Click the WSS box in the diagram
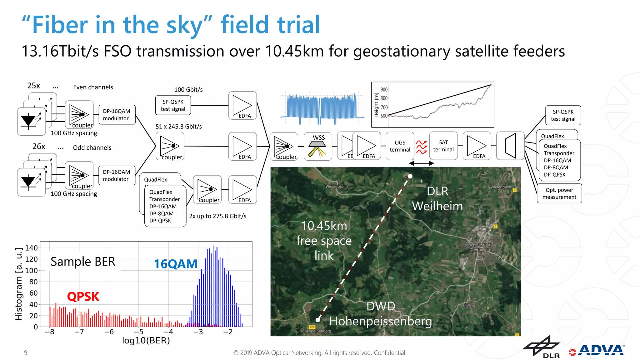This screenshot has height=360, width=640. click(x=318, y=146)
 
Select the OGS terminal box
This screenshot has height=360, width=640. click(x=400, y=146)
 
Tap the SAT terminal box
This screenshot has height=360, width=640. click(x=443, y=146)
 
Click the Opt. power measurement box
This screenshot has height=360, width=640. click(x=559, y=193)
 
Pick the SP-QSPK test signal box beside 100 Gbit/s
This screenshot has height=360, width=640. click(x=173, y=105)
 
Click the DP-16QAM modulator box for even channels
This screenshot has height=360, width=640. click(x=117, y=115)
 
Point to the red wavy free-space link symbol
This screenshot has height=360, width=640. click(x=421, y=147)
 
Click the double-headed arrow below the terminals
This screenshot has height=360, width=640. click(x=421, y=163)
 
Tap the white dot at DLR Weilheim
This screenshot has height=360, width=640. click(x=410, y=176)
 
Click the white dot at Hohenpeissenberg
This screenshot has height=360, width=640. click(x=318, y=320)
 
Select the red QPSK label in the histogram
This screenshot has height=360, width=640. click(x=83, y=296)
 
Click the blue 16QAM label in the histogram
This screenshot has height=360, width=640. click(x=175, y=264)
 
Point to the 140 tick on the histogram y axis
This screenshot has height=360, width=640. click(x=31, y=248)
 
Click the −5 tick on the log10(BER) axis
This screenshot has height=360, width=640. click(x=138, y=332)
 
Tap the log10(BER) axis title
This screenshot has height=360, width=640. click(x=146, y=340)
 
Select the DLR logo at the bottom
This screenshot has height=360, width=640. click(x=542, y=347)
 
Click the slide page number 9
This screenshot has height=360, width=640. click(x=26, y=353)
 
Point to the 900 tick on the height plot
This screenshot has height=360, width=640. click(x=384, y=90)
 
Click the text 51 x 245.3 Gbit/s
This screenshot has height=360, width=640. click(x=178, y=127)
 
